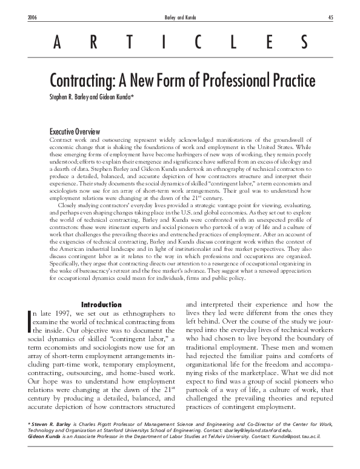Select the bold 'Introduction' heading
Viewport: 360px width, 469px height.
pos(101,304)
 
